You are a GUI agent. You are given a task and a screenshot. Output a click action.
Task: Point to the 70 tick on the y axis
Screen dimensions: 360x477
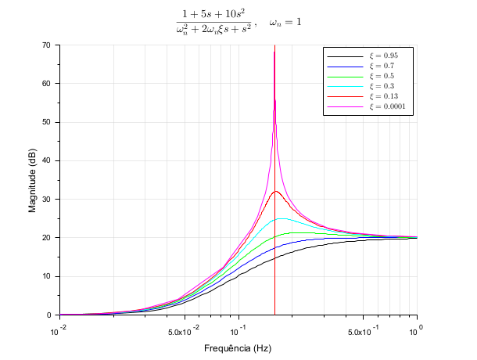click(x=45, y=45)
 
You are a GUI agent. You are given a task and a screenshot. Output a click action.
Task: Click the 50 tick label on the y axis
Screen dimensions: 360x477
click(x=45, y=122)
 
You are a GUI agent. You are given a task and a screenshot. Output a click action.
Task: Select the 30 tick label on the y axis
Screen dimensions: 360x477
click(x=45, y=199)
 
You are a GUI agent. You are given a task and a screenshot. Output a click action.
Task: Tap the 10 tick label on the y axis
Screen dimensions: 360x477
click(x=45, y=275)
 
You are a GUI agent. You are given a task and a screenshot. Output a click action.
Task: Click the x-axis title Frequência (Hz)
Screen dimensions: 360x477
click(x=238, y=347)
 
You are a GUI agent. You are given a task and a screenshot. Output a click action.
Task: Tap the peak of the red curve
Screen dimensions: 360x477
click(x=275, y=191)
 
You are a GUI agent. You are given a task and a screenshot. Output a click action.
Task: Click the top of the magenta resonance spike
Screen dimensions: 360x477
click(x=274, y=52)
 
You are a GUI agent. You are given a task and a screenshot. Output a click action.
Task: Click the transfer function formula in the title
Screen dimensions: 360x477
click(x=217, y=23)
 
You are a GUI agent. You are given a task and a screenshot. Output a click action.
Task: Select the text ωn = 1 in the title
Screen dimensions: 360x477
click(x=285, y=23)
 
